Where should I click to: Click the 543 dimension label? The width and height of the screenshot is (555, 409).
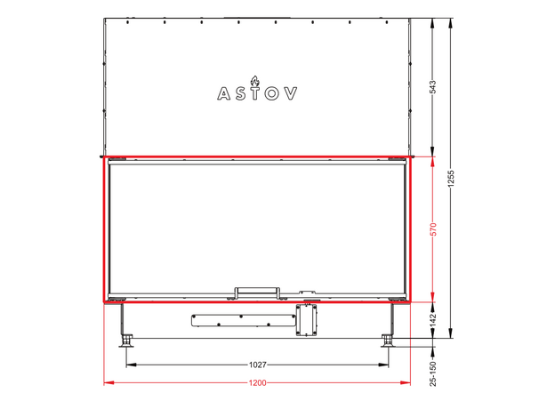(432, 87)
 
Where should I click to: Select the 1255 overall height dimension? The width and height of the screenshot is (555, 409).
(451, 179)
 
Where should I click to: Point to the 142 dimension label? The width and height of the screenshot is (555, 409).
(432, 320)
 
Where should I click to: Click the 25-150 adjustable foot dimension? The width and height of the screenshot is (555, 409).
(432, 373)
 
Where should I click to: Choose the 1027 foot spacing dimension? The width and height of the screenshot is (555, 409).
(257, 365)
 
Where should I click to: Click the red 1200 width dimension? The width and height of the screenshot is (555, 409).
(257, 383)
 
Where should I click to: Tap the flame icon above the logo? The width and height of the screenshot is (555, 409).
(254, 81)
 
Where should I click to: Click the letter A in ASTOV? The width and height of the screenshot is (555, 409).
(224, 93)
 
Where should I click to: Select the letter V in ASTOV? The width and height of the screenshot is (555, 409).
(291, 93)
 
